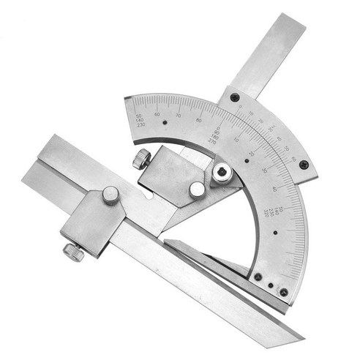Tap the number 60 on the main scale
(x=157, y=114)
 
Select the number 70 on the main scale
(x=178, y=116)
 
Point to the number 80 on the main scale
(x=198, y=120)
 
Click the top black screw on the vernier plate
(x=234, y=97)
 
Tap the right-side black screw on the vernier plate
(x=298, y=168)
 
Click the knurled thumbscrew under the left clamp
(x=73, y=252)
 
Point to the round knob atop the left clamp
(x=110, y=195)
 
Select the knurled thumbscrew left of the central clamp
(x=141, y=159)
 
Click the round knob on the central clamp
(x=197, y=190)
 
